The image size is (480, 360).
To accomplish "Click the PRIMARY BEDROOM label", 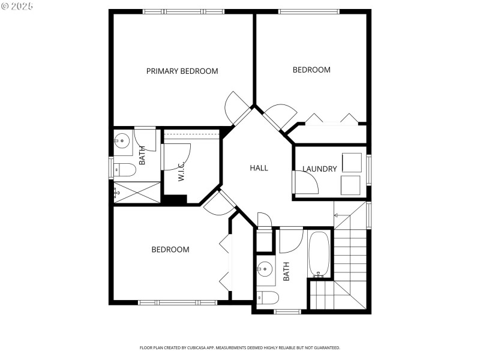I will coord(182,71).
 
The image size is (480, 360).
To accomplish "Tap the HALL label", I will coord(259,168).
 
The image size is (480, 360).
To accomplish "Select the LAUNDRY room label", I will coord(319,169).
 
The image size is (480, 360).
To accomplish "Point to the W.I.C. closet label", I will coord(181,172).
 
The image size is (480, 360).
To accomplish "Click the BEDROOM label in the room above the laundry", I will coord(311,70).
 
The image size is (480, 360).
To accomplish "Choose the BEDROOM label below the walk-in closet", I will coord(170,250).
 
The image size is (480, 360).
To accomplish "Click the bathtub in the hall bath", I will coord(319,254).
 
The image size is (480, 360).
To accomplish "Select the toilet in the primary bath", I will coord(123,170).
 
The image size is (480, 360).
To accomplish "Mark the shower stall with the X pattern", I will coord(137,193).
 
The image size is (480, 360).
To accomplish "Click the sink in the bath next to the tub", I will coord(265,268).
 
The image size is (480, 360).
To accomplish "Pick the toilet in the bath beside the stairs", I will coord(267,297).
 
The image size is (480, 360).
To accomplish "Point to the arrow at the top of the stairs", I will coord(337,215).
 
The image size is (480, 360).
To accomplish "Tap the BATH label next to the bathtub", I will coord(286,271).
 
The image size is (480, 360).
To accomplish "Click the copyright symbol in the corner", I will coord(5,5).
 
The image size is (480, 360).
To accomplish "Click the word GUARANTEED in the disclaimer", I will coord(326,347).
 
